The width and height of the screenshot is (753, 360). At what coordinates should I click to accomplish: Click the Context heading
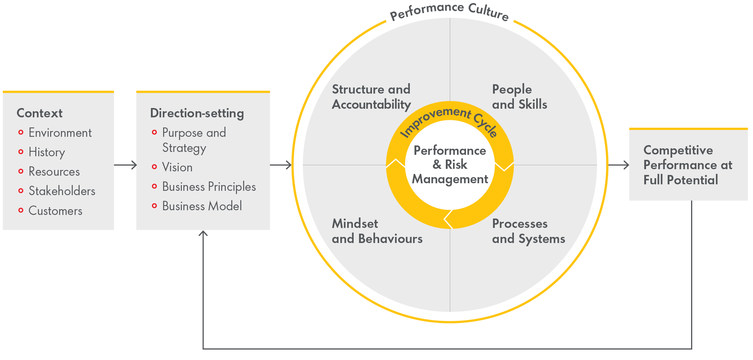click(40, 113)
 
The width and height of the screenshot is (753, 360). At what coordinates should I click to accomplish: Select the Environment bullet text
click(60, 133)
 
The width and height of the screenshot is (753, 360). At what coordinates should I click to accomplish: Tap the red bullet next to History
click(21, 152)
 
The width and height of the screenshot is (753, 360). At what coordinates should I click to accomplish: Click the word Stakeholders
click(62, 191)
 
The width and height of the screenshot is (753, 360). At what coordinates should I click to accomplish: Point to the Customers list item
click(55, 211)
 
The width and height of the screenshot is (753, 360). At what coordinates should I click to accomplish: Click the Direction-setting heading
click(197, 113)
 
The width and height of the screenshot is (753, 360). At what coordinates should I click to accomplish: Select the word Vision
click(177, 167)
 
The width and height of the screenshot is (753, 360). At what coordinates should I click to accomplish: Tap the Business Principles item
click(209, 187)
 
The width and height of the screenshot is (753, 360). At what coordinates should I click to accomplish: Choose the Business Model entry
click(202, 206)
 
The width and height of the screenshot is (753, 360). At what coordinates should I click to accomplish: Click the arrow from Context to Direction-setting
click(125, 165)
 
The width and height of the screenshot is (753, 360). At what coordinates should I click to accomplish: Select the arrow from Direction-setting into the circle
click(281, 165)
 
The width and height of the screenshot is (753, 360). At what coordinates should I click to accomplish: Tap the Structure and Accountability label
click(371, 97)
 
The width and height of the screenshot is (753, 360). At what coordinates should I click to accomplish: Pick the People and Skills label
click(519, 97)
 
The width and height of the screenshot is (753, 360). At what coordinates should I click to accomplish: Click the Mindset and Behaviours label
click(377, 231)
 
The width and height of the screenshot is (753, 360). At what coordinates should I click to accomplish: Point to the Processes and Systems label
click(528, 231)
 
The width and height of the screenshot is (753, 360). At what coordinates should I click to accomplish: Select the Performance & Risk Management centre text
click(450, 165)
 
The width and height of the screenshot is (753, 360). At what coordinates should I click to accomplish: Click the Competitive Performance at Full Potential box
click(688, 165)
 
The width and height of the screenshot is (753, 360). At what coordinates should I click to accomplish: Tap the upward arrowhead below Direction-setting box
click(203, 234)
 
